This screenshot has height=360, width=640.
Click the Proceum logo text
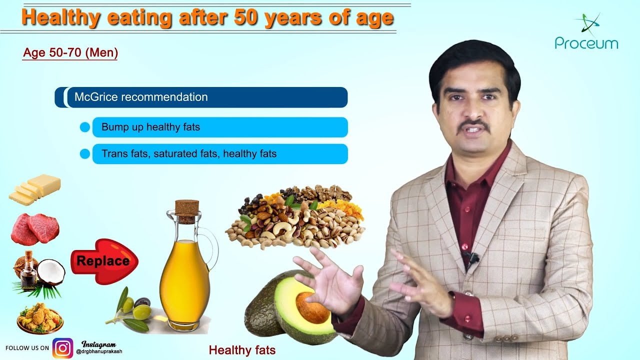pos(586,43)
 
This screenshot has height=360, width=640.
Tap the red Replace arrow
pos(103,260)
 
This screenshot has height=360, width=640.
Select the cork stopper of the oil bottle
pos(186,209)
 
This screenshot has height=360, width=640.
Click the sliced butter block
pos(35,189)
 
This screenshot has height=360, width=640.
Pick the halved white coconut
pos(51,272)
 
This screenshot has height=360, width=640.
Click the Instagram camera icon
pos(63,348)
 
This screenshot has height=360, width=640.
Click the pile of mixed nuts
pos(295,217)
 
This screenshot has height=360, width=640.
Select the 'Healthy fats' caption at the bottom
pos(242,350)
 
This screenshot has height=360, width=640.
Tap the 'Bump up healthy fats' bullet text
pos(150,127)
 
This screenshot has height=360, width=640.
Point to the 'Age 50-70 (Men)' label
pos(70,53)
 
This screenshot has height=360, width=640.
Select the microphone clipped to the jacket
pos(472,257)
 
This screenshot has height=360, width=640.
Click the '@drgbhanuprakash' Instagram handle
pos(99,351)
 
